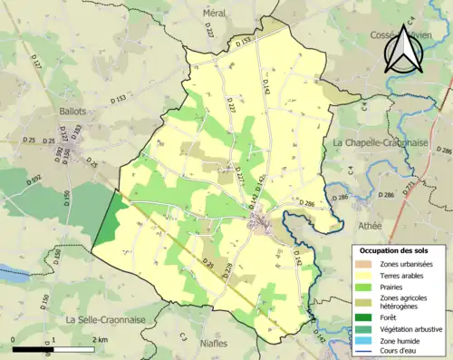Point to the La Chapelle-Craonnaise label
pos(390,143)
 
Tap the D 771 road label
pos(409,188)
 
